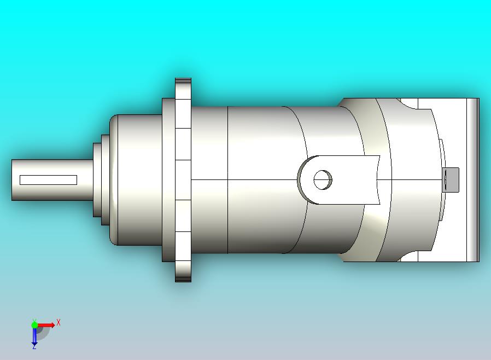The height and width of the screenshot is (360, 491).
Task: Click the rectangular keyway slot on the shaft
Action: [48, 180]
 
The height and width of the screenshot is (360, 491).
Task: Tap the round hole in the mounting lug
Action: [323, 179]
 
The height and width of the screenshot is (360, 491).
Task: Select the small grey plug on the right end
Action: [451, 179]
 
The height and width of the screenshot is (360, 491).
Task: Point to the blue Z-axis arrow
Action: [34, 336]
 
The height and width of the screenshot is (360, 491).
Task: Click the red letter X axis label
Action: [59, 322]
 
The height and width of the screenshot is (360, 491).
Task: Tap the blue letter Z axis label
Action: [34, 346]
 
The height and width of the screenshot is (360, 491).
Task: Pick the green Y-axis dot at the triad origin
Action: [34, 325]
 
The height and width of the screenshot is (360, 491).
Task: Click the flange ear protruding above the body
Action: [183, 88]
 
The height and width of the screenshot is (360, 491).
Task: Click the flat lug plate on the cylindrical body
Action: [350, 179]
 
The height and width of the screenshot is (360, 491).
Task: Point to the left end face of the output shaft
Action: [13, 180]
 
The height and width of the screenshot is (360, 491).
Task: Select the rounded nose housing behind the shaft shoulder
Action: [137, 180]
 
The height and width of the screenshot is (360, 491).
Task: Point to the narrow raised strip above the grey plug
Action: [441, 153]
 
